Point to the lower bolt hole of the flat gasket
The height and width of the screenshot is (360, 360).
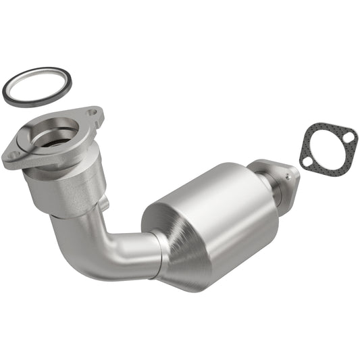[308, 163]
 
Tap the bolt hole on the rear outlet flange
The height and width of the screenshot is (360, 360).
[289, 176]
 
